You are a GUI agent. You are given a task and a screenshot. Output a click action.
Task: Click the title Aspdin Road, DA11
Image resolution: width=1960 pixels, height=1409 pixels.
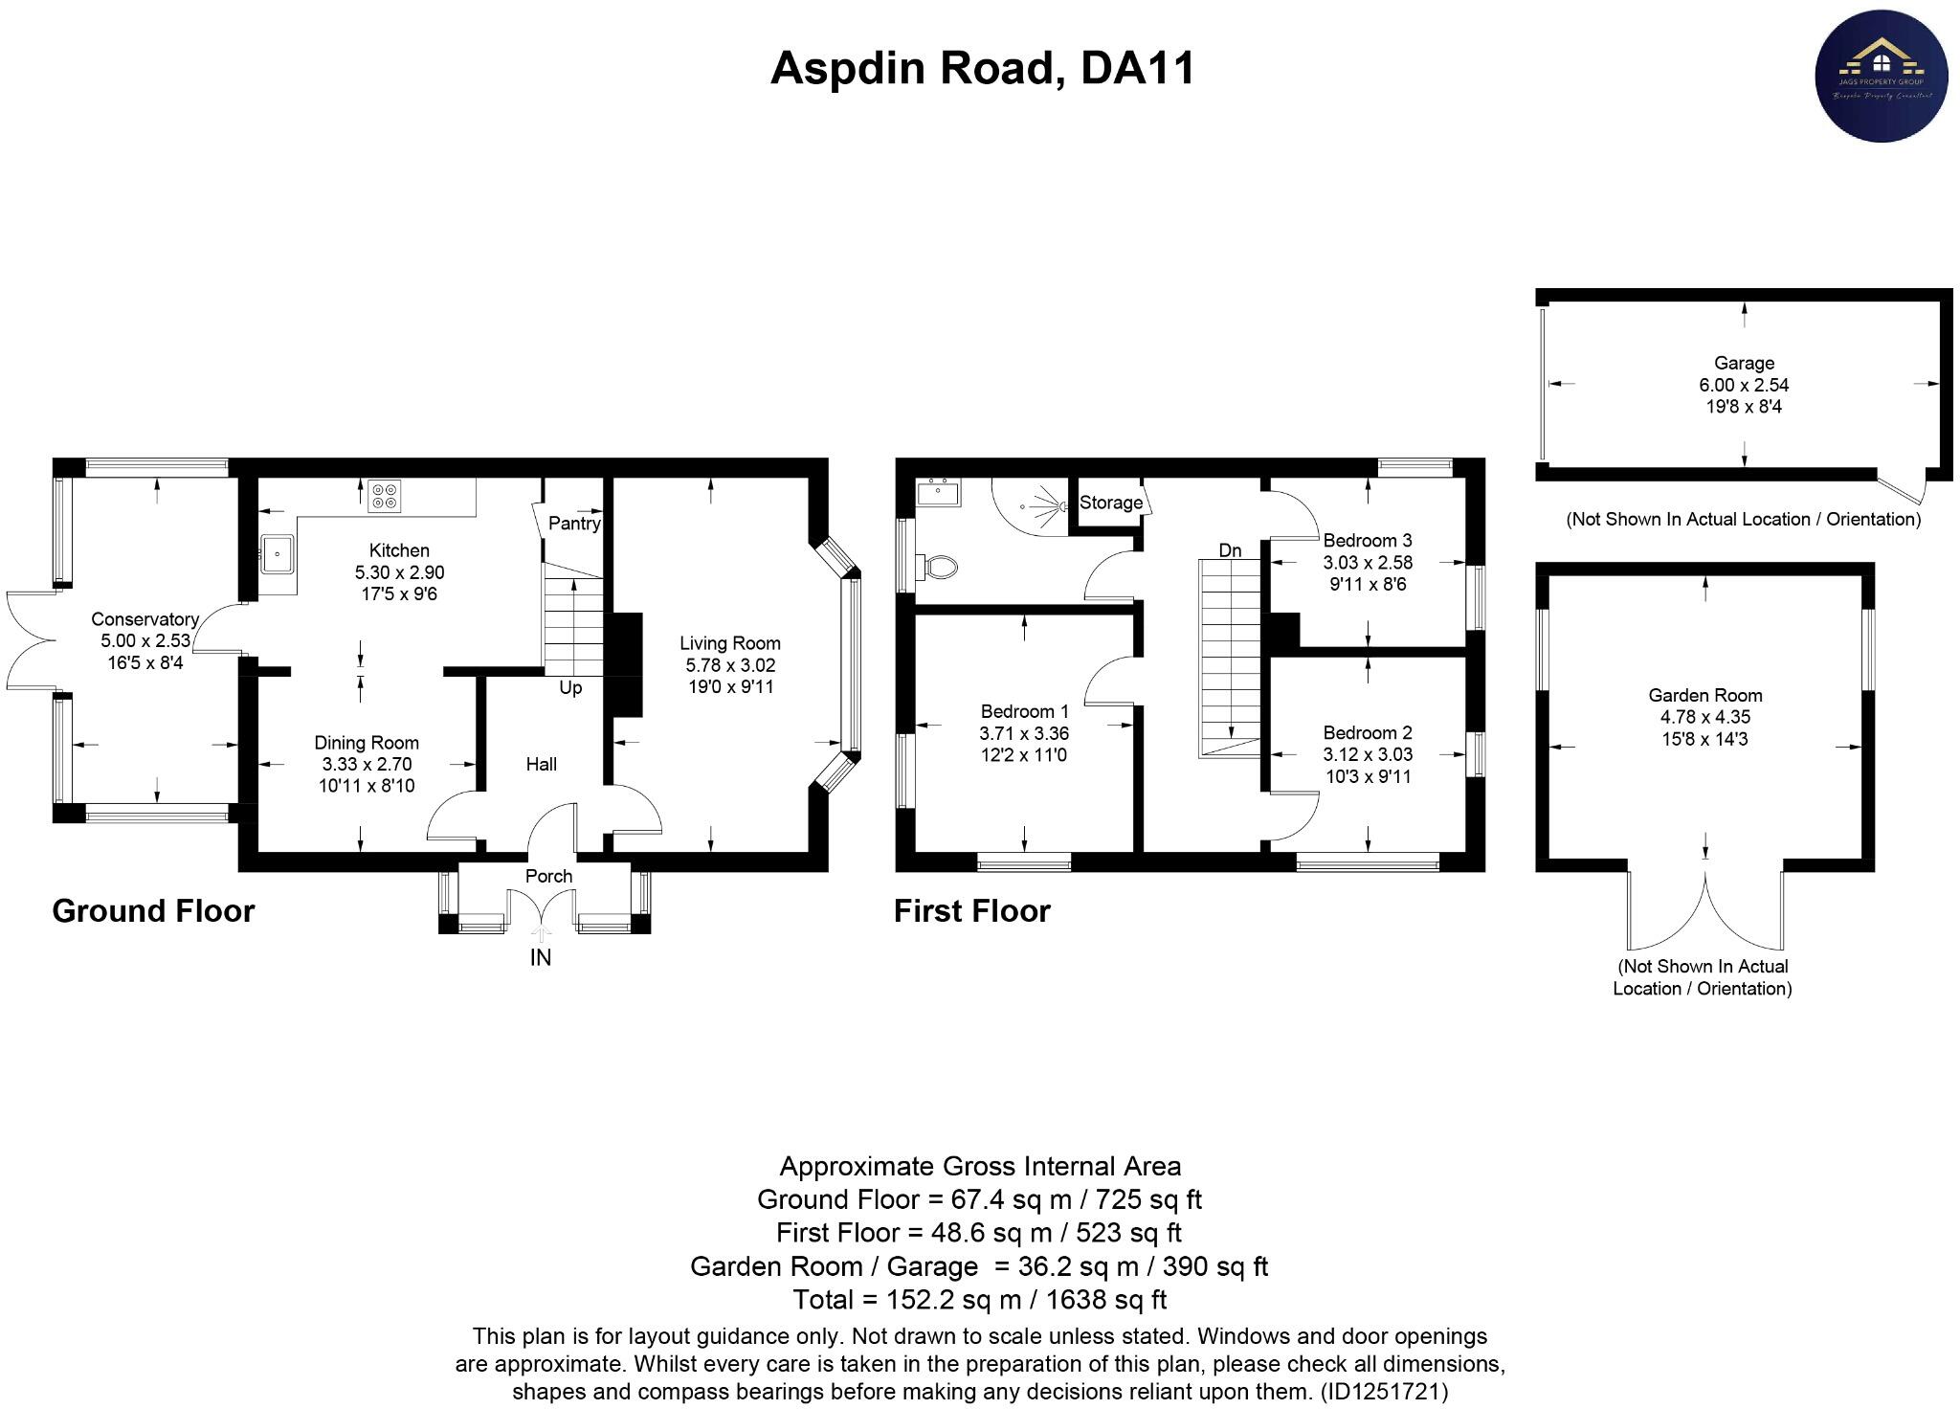(982, 69)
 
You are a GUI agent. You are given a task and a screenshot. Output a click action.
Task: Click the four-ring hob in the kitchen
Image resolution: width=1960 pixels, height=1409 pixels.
(385, 495)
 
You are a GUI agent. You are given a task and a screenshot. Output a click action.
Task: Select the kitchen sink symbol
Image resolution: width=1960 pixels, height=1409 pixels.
(278, 553)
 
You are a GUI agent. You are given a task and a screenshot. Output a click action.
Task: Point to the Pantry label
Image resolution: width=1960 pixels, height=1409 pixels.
(574, 523)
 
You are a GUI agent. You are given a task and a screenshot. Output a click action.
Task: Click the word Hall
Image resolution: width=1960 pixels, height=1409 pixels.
(541, 764)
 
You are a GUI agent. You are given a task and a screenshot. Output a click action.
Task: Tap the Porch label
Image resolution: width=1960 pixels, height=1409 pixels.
(548, 876)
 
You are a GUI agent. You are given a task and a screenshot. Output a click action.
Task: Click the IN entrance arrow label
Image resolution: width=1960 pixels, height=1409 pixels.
(541, 957)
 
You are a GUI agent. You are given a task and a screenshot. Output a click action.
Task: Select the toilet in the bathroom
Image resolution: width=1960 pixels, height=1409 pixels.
(937, 566)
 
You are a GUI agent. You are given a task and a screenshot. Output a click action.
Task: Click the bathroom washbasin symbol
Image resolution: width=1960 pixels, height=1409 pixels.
(937, 493)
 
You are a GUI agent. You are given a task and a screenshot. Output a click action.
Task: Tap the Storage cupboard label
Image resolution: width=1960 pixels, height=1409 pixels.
(1110, 503)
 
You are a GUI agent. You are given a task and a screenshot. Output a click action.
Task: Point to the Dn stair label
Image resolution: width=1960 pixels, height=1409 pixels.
(1230, 550)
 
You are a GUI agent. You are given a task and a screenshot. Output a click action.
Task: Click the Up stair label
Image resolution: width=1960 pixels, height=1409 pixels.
(570, 688)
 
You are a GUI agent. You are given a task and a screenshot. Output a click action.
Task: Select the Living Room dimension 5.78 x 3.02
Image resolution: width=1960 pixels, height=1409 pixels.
(730, 665)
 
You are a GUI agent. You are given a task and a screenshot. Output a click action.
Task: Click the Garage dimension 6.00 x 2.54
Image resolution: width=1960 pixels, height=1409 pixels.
(1744, 385)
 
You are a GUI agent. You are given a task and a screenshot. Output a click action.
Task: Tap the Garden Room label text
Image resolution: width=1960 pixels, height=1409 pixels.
(1704, 696)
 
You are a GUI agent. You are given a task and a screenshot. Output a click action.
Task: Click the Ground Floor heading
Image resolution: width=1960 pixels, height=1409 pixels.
(153, 910)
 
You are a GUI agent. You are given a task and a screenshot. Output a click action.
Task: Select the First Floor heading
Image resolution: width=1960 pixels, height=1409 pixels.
(971, 910)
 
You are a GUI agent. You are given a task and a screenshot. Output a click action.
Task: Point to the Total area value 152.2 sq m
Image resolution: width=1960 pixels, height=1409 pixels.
(980, 1299)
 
